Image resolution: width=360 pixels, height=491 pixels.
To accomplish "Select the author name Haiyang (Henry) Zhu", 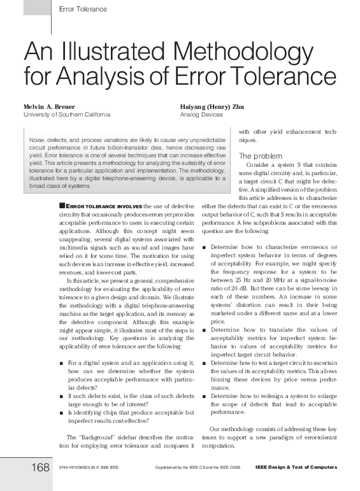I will point(212,106).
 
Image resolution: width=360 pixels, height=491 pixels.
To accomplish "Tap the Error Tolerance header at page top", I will point(82,9).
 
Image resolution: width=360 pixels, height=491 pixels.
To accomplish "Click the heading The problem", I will point(256,156).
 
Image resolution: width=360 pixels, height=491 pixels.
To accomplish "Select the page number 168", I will point(40,468).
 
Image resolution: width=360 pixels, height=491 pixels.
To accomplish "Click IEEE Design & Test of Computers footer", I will point(296,468).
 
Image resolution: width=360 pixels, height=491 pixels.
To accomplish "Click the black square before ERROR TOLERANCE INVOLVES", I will point(61,206).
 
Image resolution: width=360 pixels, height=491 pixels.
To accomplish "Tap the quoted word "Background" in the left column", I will point(99,437).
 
